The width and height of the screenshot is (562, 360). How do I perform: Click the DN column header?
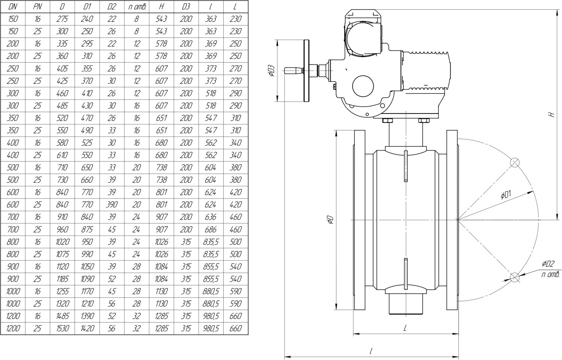click(12, 6)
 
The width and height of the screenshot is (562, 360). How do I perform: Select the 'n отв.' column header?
click(136, 6)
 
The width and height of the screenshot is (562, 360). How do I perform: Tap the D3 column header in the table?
click(186, 6)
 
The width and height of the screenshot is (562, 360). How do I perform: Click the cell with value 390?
click(112, 205)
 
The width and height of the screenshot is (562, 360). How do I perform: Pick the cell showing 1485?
click(62, 316)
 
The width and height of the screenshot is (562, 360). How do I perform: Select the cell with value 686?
click(211, 229)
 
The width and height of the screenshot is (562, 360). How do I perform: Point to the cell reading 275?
click(62, 19)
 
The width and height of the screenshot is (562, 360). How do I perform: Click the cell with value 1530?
click(62, 328)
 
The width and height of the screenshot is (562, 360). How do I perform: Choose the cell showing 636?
click(211, 217)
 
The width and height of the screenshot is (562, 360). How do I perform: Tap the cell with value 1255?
click(62, 291)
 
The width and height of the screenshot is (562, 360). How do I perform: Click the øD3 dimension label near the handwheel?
click(272, 71)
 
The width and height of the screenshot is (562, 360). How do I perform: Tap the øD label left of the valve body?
click(330, 220)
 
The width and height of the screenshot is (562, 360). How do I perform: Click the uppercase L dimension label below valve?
click(405, 328)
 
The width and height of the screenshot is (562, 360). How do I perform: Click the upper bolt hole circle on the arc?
click(515, 162)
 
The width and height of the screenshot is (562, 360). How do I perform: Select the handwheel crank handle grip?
click(292, 70)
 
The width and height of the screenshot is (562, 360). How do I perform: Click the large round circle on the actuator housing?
click(363, 86)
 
